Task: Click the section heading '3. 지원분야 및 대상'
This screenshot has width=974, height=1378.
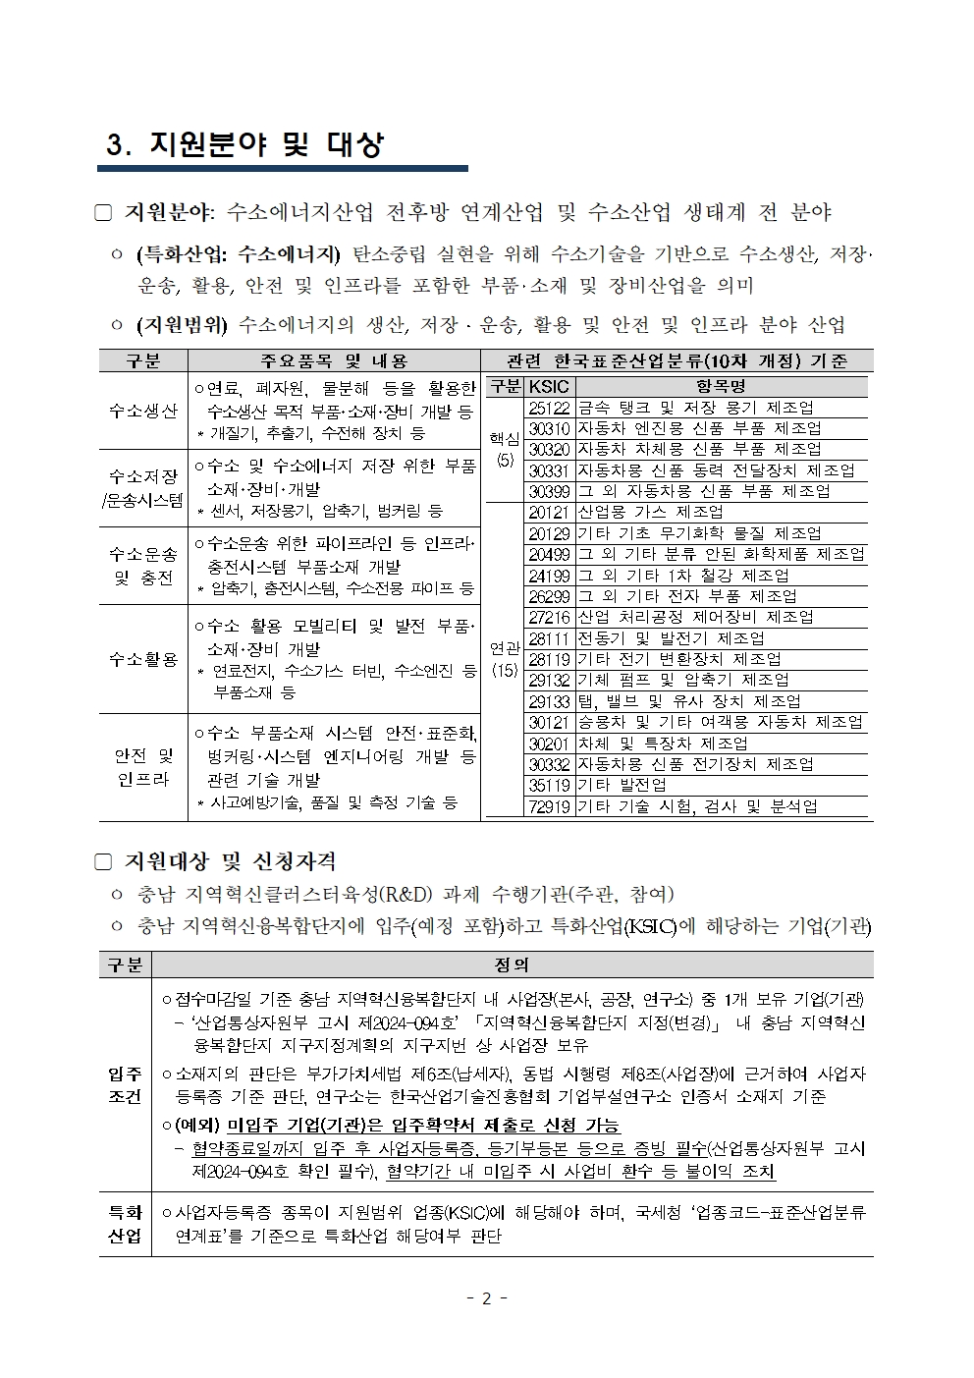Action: point(244,145)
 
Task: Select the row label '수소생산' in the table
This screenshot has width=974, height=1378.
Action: point(143,411)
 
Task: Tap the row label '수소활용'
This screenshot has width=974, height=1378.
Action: point(143,659)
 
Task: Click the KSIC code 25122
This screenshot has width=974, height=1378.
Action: point(549,408)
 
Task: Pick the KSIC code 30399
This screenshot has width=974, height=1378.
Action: point(549,491)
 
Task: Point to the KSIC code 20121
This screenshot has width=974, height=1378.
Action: point(549,512)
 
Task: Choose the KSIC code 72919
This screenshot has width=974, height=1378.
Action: point(549,806)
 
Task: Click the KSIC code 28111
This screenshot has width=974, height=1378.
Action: point(549,638)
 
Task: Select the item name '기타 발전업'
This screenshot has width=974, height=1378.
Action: point(622,785)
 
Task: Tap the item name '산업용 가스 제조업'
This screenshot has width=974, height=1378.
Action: point(650,512)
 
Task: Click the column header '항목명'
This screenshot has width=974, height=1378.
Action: point(721,386)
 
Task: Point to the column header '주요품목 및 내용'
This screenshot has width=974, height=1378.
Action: point(334,360)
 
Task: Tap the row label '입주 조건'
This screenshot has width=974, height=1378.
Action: point(125,1084)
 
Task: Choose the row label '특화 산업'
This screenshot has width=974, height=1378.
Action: point(125,1224)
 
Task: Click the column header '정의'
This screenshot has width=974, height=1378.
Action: point(513,965)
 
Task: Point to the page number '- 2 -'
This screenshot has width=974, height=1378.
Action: point(486,1298)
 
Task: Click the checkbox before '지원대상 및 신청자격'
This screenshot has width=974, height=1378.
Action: point(104,861)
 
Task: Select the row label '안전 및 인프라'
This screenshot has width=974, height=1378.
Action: point(143,767)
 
